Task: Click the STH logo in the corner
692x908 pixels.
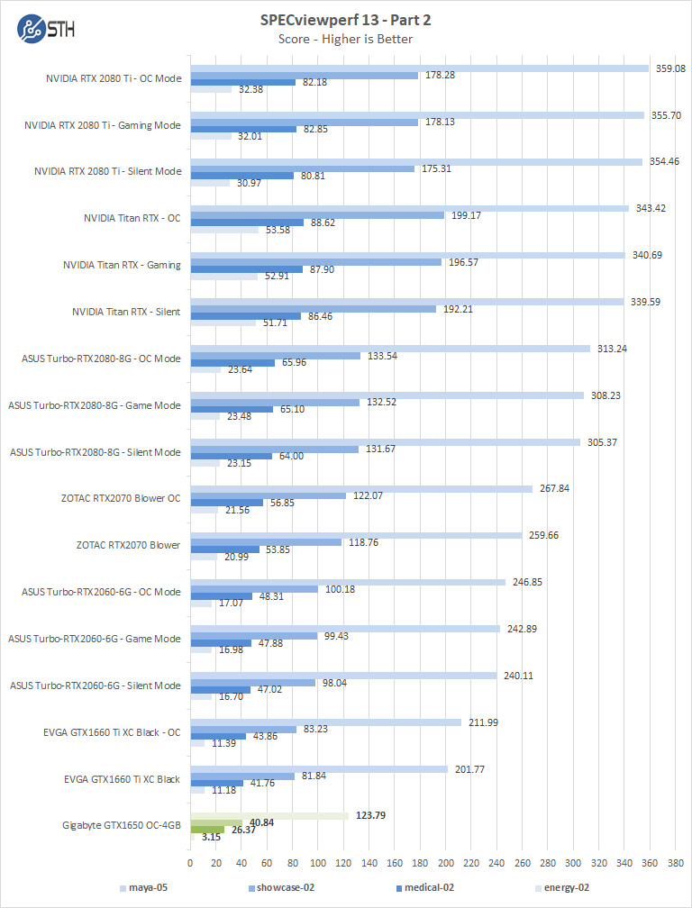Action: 45,26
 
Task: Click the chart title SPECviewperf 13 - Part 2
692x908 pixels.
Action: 346,20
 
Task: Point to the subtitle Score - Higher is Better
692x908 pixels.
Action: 346,38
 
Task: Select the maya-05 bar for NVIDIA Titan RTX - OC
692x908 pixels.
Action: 409,208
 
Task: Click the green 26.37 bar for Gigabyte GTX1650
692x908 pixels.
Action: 207,830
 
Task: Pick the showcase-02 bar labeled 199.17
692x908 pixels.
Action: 317,215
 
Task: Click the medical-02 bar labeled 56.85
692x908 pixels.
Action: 226,503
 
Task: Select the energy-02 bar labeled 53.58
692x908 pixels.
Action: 224,230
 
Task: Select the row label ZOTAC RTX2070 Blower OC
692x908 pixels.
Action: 121,498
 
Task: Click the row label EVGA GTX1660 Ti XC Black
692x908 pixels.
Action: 123,778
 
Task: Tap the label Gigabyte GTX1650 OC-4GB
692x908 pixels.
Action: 122,825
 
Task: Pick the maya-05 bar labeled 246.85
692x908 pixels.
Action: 348,582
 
